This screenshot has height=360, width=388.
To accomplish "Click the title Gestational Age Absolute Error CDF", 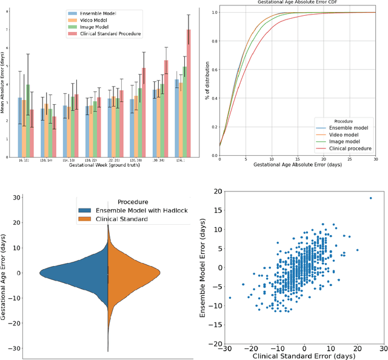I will point(297,2).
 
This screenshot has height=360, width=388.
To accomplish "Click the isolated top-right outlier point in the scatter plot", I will point(370,198).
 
